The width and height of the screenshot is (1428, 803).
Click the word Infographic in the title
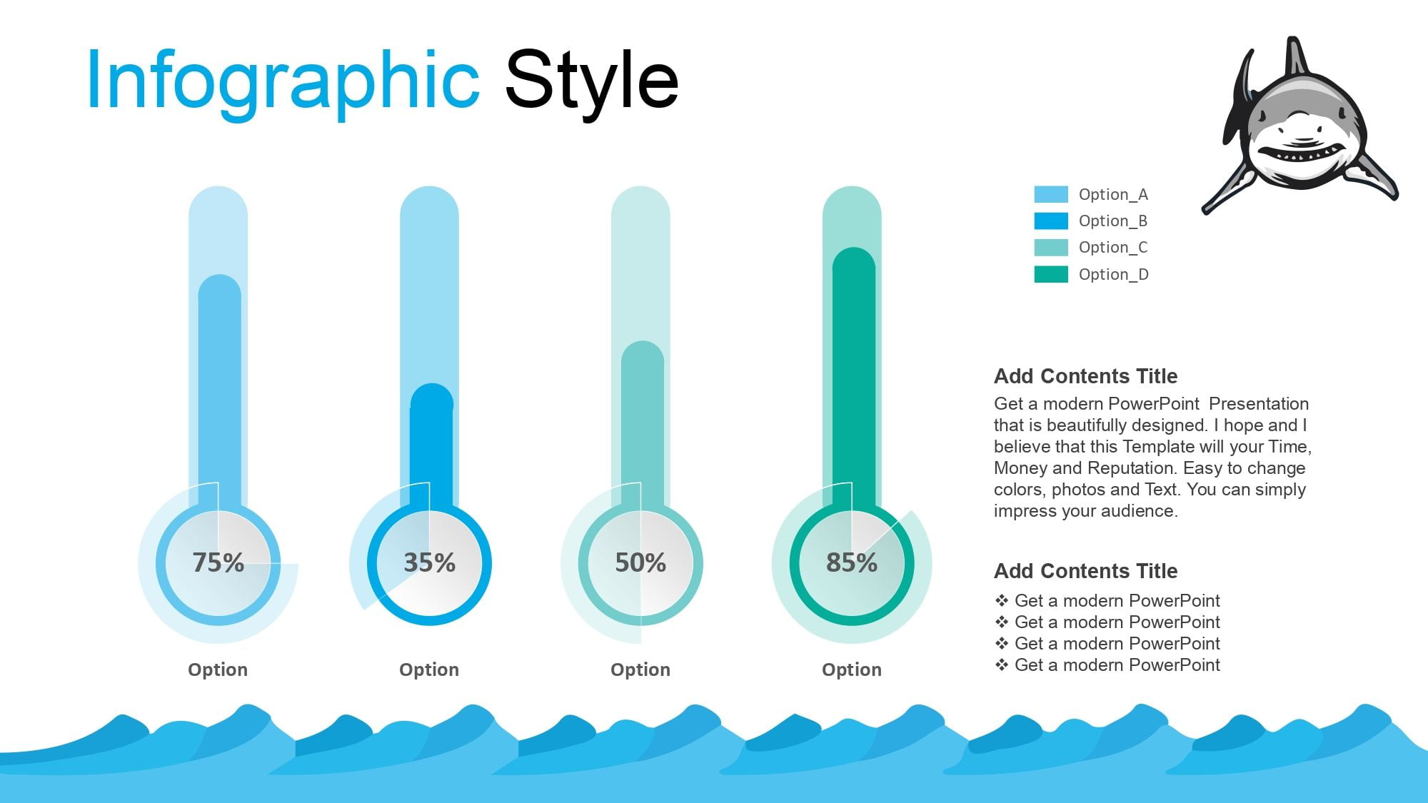(x=283, y=82)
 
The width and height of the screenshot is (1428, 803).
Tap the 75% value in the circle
(x=218, y=562)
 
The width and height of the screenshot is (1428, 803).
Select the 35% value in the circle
(x=429, y=562)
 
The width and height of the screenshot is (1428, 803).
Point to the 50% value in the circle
(x=640, y=562)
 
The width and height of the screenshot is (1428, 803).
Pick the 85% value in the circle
(x=852, y=562)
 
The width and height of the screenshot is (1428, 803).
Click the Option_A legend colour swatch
(x=1051, y=194)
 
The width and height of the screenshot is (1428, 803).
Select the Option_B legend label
(x=1113, y=221)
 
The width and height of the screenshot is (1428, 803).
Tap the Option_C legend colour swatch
(x=1051, y=247)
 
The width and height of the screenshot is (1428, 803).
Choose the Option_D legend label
(x=1114, y=274)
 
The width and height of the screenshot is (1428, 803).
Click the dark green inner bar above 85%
(x=854, y=378)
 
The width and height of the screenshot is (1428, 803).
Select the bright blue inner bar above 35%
(x=431, y=447)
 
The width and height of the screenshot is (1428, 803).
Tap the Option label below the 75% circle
(x=218, y=670)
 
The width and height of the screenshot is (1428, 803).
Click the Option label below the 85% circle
(x=852, y=670)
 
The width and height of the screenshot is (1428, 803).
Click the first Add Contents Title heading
(x=1085, y=376)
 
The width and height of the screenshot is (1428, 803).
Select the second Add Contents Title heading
(x=1085, y=571)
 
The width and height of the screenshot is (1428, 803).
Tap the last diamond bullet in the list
(x=1002, y=665)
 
